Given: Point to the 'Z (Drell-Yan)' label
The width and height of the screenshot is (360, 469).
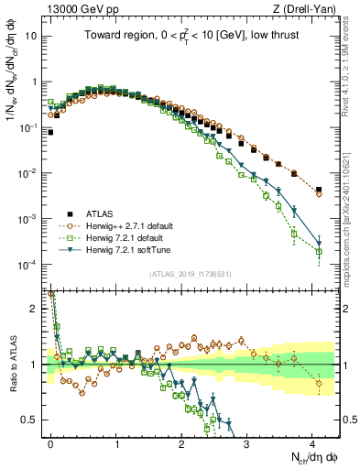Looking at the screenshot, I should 310,9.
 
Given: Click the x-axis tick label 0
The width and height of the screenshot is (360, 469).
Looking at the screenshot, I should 50,442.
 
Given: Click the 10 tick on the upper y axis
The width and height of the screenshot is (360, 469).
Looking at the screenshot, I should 31,36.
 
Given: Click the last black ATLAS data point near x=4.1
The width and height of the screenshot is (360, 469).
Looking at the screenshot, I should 318,191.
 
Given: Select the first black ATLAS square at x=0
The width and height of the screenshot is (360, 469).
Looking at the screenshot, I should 50,132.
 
